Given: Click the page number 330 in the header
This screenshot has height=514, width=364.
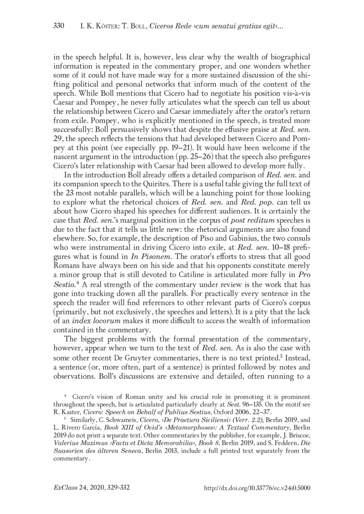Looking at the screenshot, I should tap(60, 25).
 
